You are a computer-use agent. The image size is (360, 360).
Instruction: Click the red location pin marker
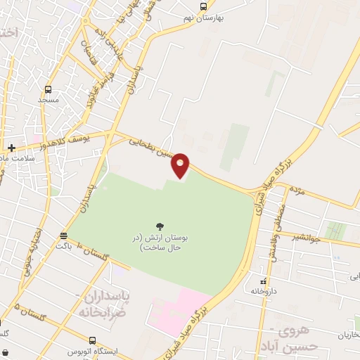181,165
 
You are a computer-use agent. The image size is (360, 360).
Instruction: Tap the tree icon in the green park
160,226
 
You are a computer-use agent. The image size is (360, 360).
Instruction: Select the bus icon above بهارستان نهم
204,7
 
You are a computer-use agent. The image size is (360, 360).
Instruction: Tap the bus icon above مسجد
48,89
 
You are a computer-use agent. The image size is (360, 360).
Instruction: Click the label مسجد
48,101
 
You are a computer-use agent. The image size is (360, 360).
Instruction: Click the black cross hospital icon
12,148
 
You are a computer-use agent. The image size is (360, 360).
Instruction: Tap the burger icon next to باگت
65,236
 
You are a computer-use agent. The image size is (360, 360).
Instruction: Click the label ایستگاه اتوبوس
92,350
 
